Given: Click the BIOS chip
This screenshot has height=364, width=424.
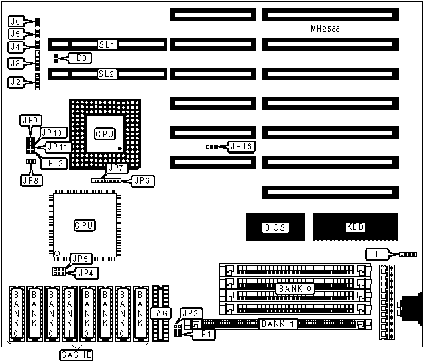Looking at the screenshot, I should (275, 227).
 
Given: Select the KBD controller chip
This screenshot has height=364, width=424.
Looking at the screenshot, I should (354, 227).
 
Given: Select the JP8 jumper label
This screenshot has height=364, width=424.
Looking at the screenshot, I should (30, 179).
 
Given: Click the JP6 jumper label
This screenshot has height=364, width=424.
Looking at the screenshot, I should (142, 180).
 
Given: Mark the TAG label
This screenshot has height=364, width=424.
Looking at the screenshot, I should (160, 312).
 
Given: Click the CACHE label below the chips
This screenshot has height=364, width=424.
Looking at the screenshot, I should (76, 355).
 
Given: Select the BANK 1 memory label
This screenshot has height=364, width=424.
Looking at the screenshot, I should (274, 324).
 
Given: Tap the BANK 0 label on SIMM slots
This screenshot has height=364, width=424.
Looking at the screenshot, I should (293, 288).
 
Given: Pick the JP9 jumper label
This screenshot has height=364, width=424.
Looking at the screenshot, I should (30, 120).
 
